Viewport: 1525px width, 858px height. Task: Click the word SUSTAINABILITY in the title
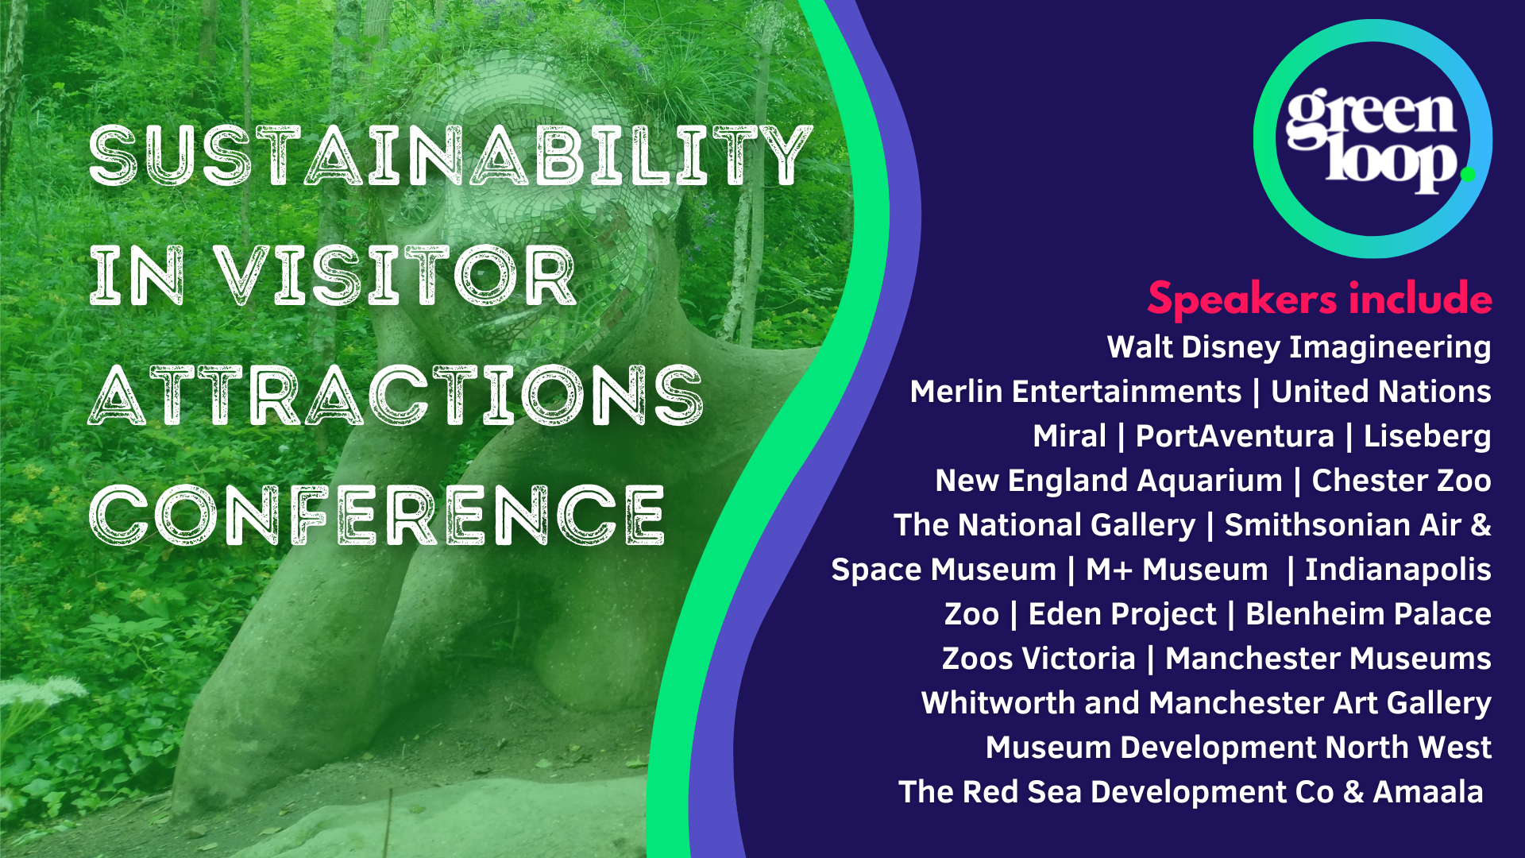pos(450,156)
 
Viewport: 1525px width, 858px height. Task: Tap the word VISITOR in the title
pos(395,276)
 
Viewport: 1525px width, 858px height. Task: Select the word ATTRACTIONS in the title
pos(396,395)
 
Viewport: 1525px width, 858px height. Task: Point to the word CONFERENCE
pos(377,515)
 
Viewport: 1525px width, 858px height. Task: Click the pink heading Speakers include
pos(1319,300)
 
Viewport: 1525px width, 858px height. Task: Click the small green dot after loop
pos(1468,173)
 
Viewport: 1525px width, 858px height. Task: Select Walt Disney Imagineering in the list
pos(1299,348)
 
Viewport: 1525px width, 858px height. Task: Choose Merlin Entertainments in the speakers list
pos(1075,392)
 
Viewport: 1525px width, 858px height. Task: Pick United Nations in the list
pos(1381,392)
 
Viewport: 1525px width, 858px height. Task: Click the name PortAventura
pos(1234,436)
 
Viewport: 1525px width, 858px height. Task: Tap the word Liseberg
pos(1427,437)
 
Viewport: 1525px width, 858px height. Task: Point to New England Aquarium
pos(1109,481)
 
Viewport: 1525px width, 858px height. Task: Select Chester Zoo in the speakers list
pos(1401,481)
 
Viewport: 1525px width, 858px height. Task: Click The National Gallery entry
pos(1044,526)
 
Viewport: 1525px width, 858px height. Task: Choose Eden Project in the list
pos(1122,615)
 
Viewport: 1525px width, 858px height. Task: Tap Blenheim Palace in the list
pos(1369,614)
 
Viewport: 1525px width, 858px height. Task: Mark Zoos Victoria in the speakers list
pos(1039,659)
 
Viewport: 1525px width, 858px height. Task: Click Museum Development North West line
pos(1238,748)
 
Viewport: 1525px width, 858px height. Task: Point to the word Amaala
pos(1428,792)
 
